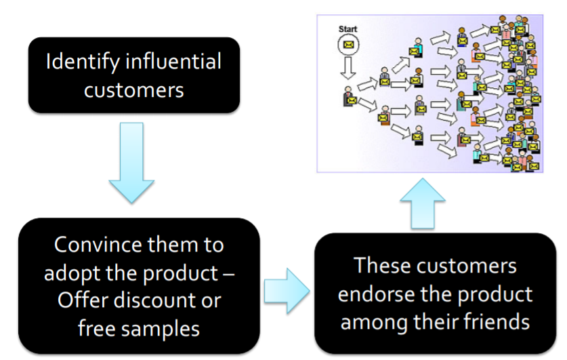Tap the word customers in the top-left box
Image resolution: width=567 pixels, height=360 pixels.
(133, 89)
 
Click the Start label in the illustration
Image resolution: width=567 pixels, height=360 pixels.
(348, 29)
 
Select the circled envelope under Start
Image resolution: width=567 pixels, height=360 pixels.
(349, 45)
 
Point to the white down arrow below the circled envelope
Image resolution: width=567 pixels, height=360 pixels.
(349, 68)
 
